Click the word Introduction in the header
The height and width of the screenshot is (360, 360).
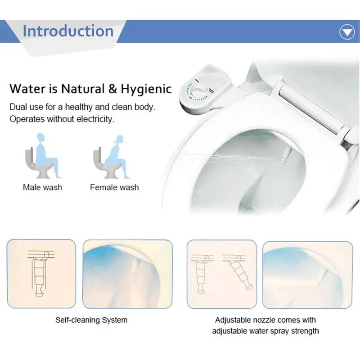68,31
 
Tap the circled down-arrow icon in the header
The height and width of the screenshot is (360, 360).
346,32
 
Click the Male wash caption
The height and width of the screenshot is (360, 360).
42,187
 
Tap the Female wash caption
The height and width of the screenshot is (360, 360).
114,187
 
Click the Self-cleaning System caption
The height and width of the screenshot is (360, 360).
91,320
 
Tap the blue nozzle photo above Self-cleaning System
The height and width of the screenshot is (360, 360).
128,273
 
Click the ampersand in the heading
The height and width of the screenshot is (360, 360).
111,88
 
